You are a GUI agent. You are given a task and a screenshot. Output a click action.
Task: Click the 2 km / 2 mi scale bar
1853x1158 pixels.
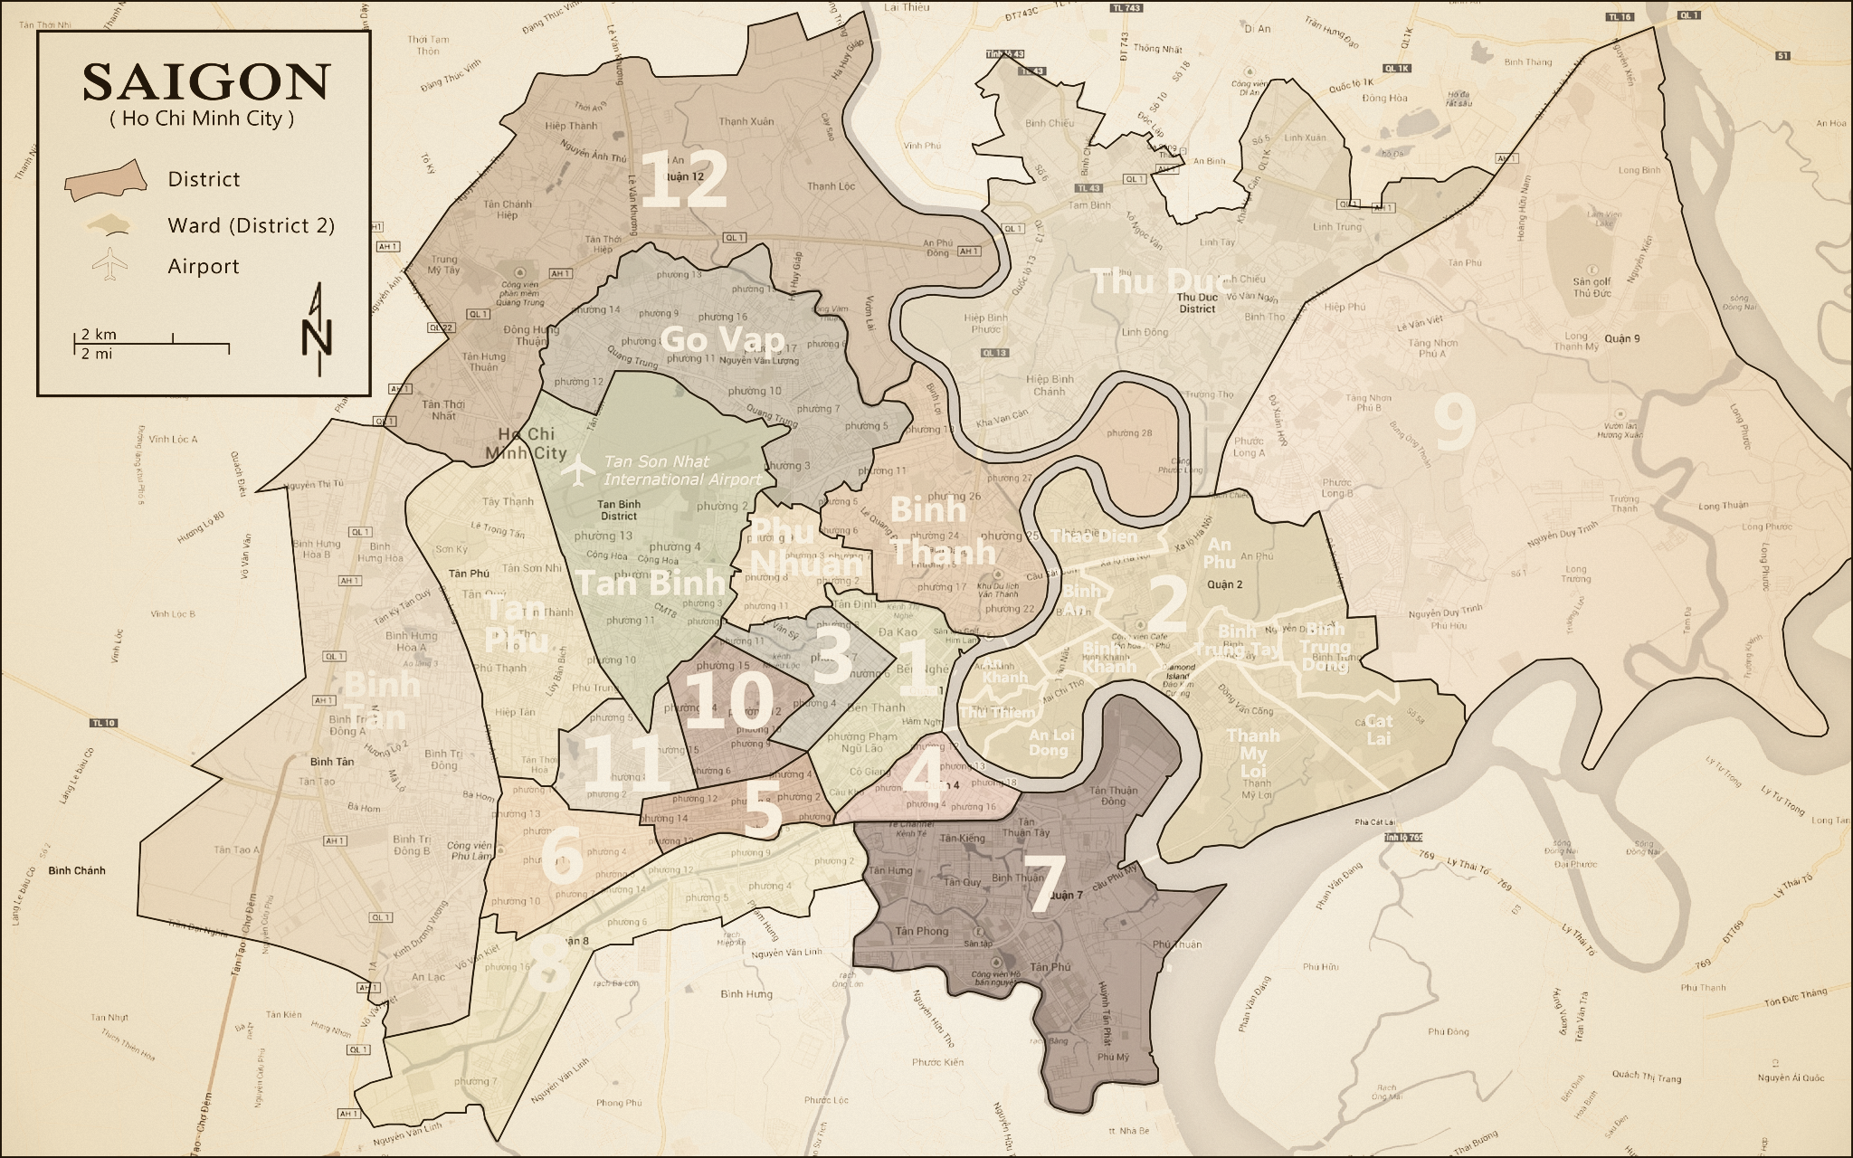point(151,343)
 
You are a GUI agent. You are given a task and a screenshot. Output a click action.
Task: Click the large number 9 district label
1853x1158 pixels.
point(1455,422)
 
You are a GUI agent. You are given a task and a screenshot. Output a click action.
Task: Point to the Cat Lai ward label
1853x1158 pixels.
point(1378,729)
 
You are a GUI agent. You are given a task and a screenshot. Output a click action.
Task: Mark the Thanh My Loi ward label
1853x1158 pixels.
point(1254,753)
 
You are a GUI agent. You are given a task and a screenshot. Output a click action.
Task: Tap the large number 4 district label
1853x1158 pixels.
point(924,774)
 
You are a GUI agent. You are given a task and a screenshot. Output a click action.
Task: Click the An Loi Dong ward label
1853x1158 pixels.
point(1050,742)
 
